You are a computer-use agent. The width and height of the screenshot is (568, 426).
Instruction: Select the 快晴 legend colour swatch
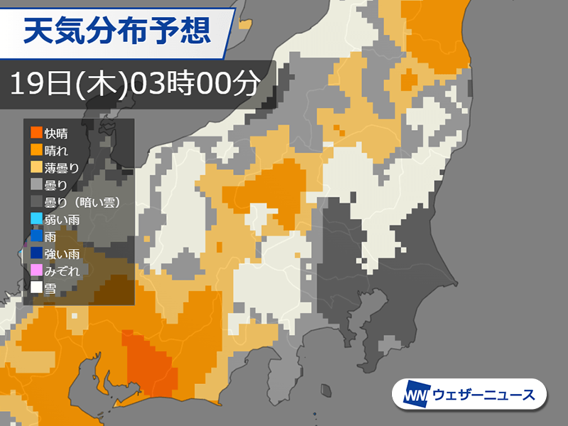tap(35, 133)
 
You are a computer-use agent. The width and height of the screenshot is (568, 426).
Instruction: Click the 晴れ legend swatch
tap(35, 150)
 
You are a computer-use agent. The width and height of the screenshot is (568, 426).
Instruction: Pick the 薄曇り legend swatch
tap(35, 167)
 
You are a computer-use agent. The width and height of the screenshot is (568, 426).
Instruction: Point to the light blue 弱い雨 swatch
tap(35, 219)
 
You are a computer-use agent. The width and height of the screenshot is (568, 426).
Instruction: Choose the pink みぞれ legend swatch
tap(35, 271)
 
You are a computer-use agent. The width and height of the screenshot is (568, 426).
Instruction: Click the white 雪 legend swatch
tap(35, 288)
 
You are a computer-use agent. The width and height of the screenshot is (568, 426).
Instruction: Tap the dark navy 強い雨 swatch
tap(35, 253)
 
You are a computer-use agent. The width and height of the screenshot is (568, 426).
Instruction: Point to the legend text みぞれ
tap(61, 271)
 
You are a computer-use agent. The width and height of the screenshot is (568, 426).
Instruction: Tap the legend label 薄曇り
tap(61, 167)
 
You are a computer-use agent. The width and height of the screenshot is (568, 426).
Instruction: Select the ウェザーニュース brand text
tap(483, 395)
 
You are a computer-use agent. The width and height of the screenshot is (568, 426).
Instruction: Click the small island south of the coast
tap(327, 390)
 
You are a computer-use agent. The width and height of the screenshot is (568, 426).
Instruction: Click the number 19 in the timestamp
tap(26, 84)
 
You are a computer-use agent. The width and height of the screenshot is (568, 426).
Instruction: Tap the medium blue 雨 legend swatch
tap(35, 236)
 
